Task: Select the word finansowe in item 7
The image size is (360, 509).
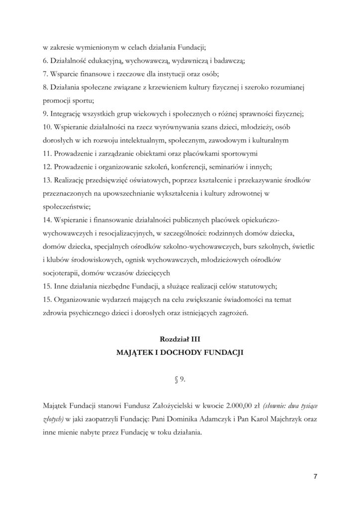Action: click(94, 74)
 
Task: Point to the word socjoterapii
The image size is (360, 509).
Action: click(61, 272)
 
